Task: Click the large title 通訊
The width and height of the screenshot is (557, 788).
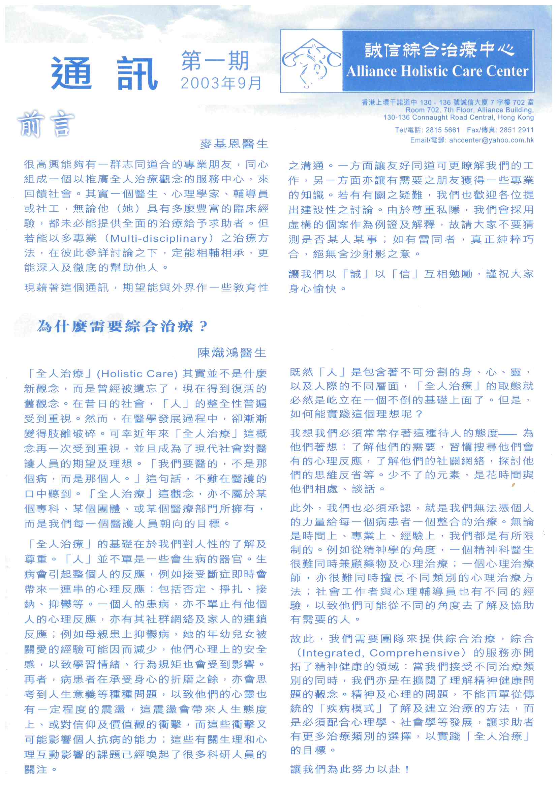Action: [104, 73]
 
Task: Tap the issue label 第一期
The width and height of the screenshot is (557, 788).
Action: [215, 61]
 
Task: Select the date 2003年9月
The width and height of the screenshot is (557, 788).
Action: [221, 83]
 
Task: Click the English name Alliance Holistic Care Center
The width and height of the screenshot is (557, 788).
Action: [437, 71]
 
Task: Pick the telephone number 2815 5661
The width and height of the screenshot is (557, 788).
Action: [443, 130]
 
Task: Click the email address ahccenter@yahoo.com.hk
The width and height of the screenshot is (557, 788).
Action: [491, 140]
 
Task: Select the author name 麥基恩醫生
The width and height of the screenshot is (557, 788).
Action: [234, 144]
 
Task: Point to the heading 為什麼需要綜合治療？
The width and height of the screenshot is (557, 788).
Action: [122, 326]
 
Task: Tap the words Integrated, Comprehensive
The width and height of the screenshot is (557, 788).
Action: [381, 653]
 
